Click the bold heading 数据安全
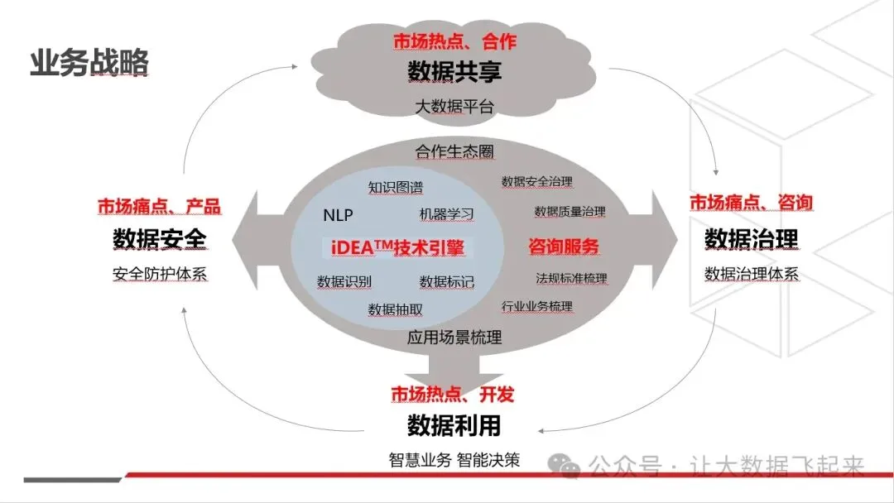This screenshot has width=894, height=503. tap(159, 240)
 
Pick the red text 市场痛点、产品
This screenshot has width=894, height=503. tap(159, 207)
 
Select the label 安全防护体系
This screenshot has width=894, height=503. tap(159, 274)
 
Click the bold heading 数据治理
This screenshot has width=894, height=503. tap(751, 240)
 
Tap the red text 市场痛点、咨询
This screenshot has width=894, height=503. tap(751, 203)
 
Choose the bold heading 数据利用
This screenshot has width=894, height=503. tap(454, 426)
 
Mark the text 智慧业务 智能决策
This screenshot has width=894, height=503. tap(454, 460)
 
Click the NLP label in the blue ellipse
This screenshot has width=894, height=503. tap(338, 216)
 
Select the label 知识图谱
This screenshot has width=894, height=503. tap(395, 187)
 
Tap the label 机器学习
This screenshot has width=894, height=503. tap(447, 214)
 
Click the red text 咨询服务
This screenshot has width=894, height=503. tap(564, 247)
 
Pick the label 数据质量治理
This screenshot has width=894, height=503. tap(570, 212)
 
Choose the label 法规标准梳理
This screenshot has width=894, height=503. tap(571, 278)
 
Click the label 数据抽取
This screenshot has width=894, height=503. tap(396, 309)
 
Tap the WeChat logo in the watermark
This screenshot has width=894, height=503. tap(570, 468)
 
